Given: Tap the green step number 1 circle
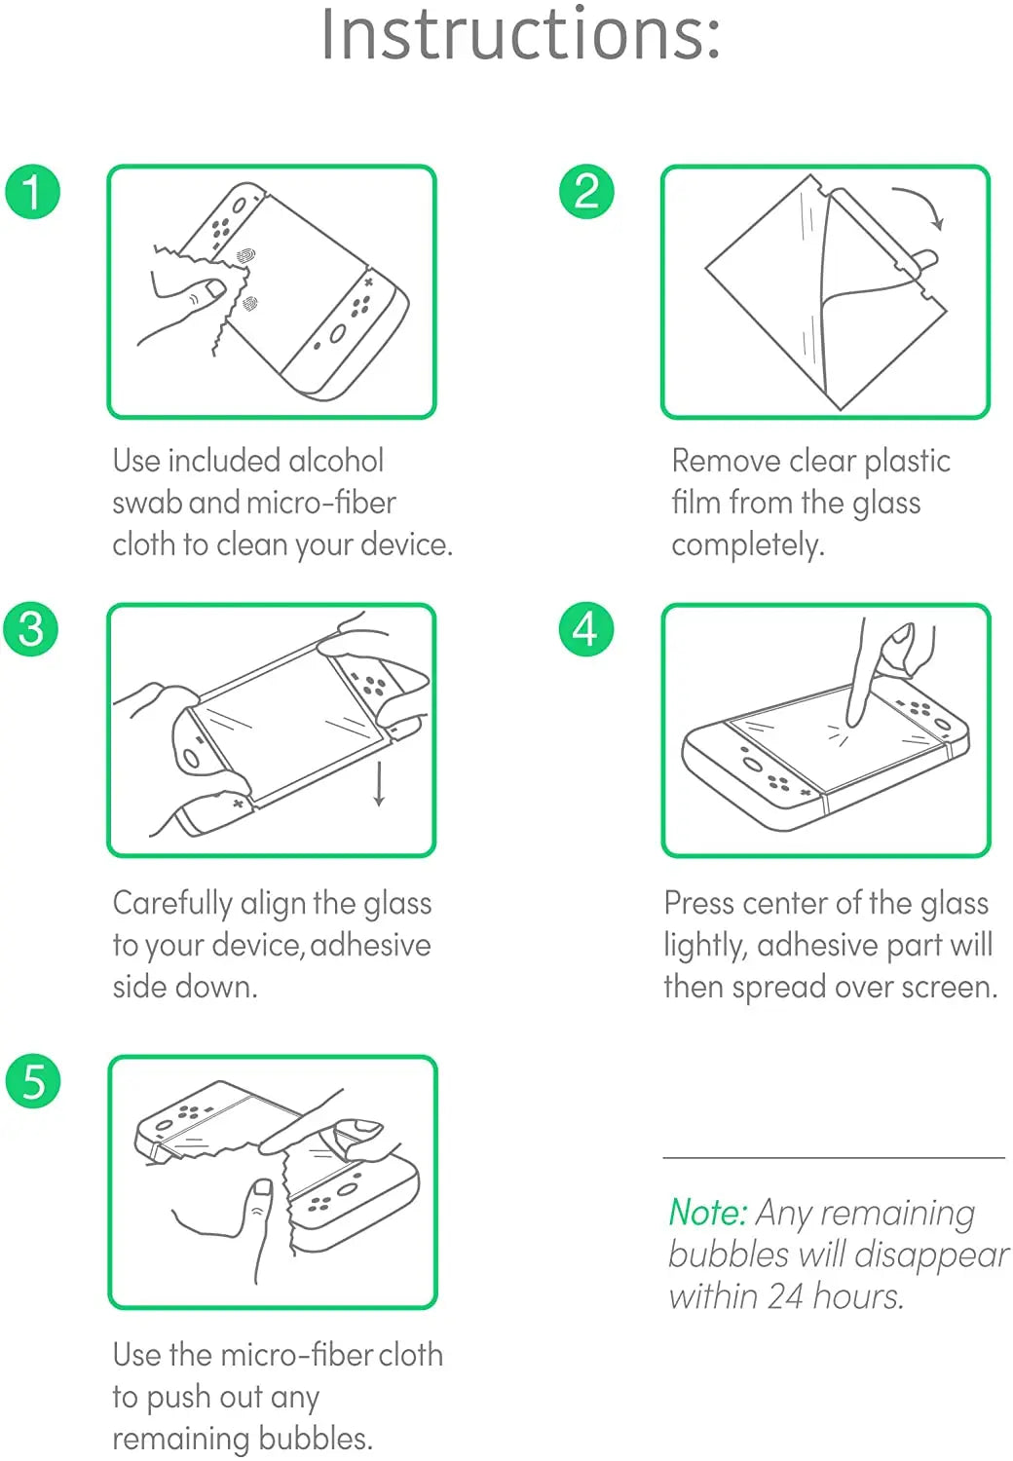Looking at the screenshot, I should point(33,191).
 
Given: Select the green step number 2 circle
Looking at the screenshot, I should point(586,191).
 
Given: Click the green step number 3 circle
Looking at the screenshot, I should point(31,628).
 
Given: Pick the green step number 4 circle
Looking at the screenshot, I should point(585,628).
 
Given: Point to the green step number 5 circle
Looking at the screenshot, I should point(33,1081).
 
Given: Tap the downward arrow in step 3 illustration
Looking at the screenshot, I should point(379,784).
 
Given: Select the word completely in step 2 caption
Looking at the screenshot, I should point(747,544).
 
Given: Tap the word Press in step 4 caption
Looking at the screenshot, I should point(698,904).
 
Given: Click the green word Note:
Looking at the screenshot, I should point(707,1213).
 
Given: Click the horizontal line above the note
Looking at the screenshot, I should point(833,1158).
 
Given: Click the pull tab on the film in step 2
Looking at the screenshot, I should point(925,260).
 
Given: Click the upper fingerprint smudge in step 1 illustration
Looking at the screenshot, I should point(245,256).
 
